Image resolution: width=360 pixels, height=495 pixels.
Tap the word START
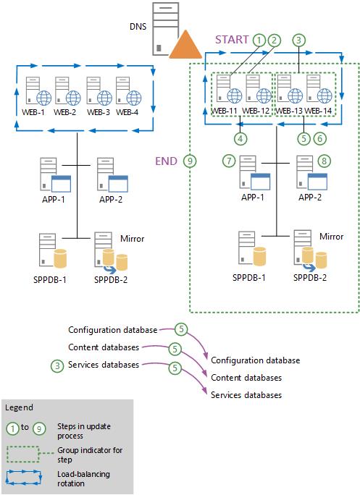232,41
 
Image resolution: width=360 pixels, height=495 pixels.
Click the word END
168,161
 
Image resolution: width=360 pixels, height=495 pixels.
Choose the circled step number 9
191,161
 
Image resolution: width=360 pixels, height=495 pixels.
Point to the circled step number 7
230,159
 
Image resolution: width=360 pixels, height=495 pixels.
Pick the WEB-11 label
223,110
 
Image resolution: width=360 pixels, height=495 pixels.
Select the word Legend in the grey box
19,407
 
